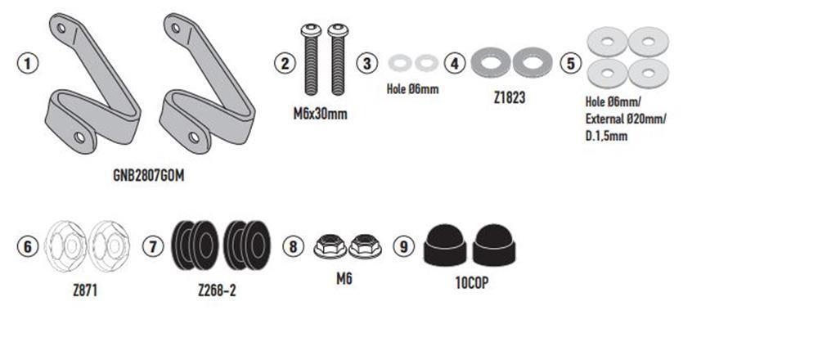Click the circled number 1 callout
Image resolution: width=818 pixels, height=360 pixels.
(28, 64)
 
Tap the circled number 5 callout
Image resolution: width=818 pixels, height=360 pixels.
(570, 64)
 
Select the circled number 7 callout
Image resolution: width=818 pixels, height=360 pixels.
(153, 246)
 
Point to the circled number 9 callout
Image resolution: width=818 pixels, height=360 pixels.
(403, 246)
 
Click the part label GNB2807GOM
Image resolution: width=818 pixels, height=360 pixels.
(149, 175)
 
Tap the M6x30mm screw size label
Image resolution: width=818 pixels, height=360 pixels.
(320, 114)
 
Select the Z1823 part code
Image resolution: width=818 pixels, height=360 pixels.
(509, 97)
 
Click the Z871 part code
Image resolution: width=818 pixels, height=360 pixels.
(85, 290)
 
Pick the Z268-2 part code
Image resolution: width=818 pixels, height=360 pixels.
(217, 290)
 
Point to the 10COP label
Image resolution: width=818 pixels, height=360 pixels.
(472, 283)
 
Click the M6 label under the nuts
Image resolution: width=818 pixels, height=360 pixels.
(344, 279)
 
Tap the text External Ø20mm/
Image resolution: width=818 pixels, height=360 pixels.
(626, 119)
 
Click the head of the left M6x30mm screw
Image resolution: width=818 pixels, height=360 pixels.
(311, 30)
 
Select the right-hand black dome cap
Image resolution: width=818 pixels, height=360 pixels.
(494, 245)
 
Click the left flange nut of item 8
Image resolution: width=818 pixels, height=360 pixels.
(330, 246)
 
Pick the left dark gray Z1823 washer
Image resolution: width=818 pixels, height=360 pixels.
(490, 63)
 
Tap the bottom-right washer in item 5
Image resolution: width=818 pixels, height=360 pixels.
(649, 74)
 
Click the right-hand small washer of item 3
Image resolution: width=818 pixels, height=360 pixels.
(427, 63)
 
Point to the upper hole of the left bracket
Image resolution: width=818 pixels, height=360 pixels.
(61, 28)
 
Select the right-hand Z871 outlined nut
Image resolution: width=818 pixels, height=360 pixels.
(109, 246)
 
